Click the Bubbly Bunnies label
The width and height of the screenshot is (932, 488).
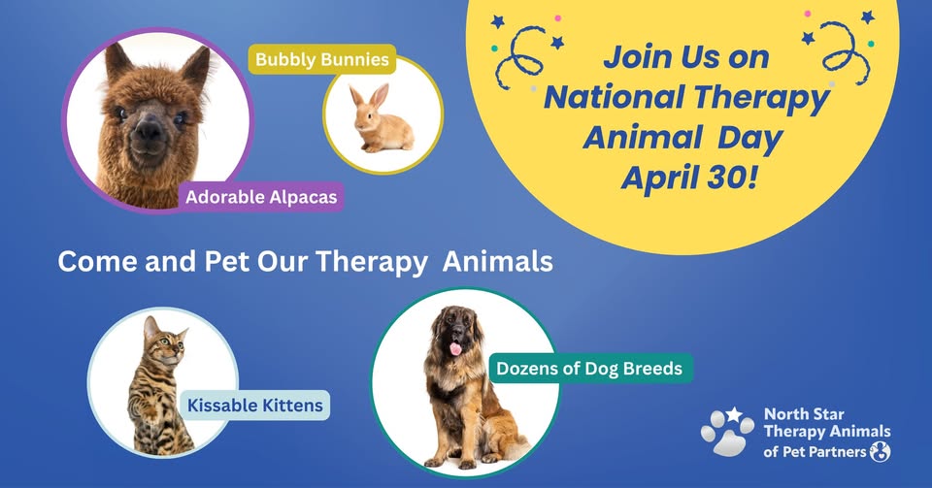(321, 59)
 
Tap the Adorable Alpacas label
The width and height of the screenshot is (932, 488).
(261, 197)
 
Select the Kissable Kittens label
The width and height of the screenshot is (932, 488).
(255, 406)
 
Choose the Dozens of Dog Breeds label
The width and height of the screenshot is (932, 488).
(589, 369)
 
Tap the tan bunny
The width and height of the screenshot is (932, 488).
(381, 119)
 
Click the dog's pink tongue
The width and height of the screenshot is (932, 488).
(455, 348)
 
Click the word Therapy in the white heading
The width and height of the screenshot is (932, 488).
(371, 262)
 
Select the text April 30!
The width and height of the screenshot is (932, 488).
(689, 177)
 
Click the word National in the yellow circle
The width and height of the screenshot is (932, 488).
(614, 97)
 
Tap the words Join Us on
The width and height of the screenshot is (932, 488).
(686, 57)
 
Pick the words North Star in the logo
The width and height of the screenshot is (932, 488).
(804, 414)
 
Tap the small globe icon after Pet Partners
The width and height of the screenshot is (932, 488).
(880, 452)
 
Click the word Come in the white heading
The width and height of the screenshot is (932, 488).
(97, 262)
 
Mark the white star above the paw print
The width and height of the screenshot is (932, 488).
(734, 414)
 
